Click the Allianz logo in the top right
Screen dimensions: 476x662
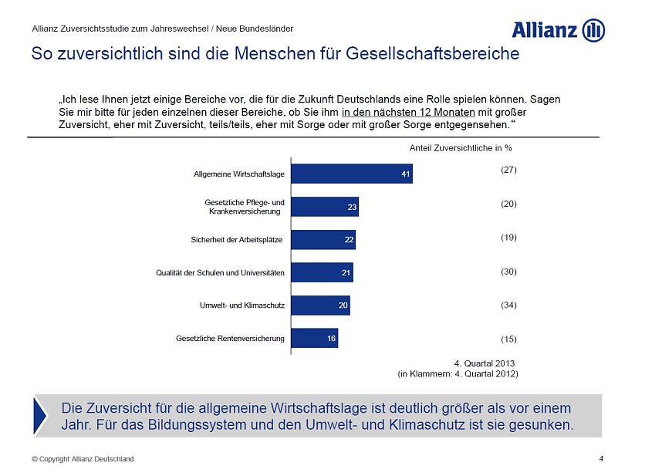point(558,31)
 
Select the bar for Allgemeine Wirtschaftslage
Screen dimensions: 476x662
point(352,174)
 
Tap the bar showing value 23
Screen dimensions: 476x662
point(325,207)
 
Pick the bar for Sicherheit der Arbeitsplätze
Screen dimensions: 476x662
point(323,240)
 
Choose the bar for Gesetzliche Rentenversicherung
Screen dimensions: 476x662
point(315,338)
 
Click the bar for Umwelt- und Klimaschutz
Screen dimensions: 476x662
point(320,306)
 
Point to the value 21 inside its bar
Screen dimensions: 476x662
point(346,272)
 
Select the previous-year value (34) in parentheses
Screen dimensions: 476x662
point(508,306)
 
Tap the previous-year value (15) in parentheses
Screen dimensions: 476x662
point(508,339)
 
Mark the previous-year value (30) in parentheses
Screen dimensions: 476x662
point(508,272)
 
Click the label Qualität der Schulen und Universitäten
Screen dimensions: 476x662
point(220,272)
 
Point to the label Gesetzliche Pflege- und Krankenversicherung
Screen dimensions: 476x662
point(239,207)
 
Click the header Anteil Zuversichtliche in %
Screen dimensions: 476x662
point(460,147)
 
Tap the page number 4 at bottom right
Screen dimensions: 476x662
point(601,458)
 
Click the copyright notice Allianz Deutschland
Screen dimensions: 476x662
point(83,459)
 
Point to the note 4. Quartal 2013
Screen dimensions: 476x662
point(484,363)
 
